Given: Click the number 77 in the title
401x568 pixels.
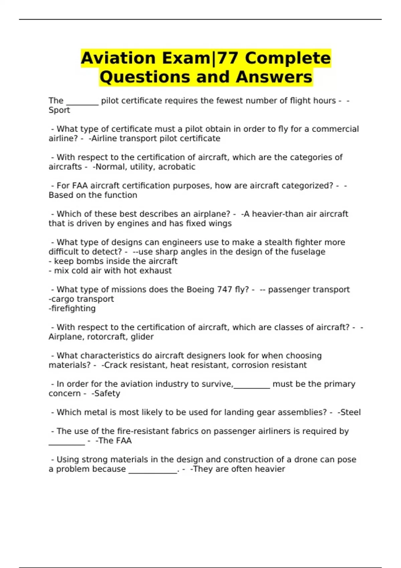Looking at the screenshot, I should coord(229,58).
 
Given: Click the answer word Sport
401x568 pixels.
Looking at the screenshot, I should coord(59,110).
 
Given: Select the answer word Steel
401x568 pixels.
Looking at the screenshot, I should coord(350,412).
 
